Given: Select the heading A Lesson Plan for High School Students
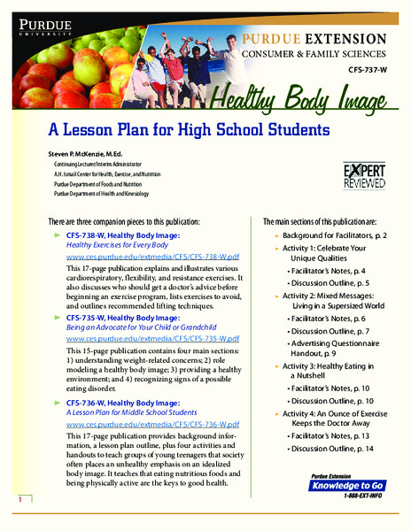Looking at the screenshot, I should [188, 129].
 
